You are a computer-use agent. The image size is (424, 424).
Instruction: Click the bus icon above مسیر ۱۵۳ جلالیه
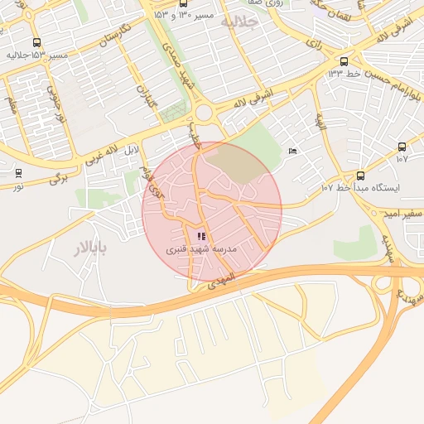pos(36,42)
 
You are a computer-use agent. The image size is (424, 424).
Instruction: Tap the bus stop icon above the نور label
pos(18,173)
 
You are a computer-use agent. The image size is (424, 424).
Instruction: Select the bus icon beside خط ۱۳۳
pos(344,60)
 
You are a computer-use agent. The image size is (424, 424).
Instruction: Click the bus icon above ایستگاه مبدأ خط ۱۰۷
pos(360,175)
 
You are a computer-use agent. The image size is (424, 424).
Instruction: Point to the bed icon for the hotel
pos(291,151)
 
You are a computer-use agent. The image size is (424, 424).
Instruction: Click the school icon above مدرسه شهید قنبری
pos(201,236)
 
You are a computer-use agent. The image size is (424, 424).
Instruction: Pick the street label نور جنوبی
pos(60,106)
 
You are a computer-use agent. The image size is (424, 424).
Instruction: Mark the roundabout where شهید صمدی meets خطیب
pos(204,112)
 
